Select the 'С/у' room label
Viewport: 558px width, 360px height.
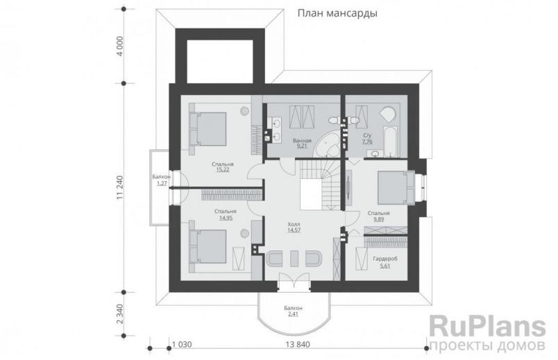click(367, 136)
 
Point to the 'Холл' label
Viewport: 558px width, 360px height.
click(294, 225)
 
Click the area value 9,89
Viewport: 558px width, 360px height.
click(379, 219)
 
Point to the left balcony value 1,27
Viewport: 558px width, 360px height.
click(162, 184)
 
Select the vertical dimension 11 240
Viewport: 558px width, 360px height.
click(120, 187)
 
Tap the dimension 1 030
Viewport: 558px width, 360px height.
click(182, 345)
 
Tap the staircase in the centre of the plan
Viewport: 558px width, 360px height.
click(319, 182)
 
